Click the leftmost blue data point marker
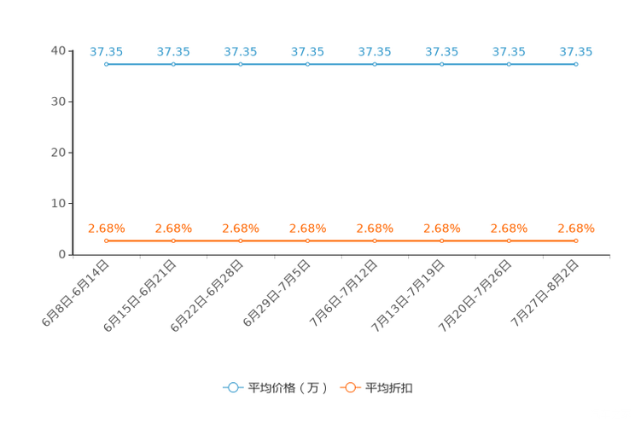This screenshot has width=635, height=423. tap(106, 64)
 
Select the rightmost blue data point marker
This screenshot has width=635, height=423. tap(576, 64)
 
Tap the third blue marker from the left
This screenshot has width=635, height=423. tap(240, 64)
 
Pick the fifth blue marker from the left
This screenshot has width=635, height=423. tap(375, 64)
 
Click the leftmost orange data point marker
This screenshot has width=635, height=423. tap(106, 241)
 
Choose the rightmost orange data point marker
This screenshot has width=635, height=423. tap(576, 241)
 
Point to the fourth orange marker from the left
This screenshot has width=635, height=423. tap(307, 241)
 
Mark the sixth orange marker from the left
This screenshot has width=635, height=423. tap(441, 241)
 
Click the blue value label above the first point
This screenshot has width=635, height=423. tap(106, 52)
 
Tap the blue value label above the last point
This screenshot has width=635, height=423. tap(576, 52)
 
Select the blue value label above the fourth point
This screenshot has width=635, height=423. tap(307, 52)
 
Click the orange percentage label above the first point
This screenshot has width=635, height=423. tap(106, 229)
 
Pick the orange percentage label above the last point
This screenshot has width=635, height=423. tap(576, 229)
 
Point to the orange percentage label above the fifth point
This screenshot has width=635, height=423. tap(375, 229)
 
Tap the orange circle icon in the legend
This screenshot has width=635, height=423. tap(350, 388)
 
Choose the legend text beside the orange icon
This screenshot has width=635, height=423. tap(389, 388)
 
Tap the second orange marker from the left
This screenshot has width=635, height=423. tap(173, 241)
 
